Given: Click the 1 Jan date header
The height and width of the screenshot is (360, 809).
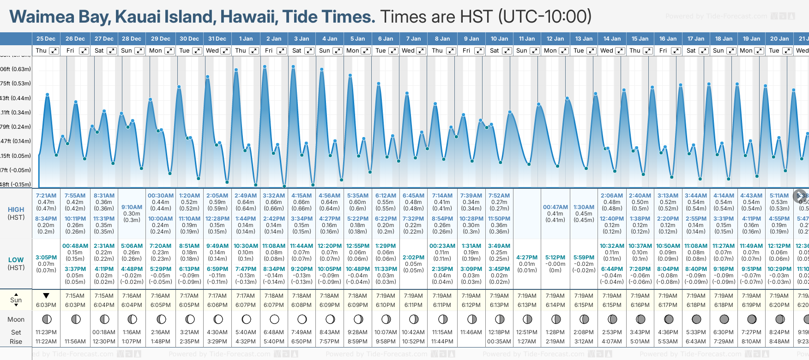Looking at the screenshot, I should pos(246,39).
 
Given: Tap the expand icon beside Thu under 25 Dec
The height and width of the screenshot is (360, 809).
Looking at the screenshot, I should pos(54,51).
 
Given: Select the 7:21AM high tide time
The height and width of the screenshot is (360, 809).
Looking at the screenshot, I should pos(46,196).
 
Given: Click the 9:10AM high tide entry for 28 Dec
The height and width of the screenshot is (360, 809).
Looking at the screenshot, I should pos(132,207).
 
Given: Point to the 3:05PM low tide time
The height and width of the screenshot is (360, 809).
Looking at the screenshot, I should pos(46,258).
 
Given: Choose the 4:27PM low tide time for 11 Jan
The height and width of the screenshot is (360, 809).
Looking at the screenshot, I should pos(527,258).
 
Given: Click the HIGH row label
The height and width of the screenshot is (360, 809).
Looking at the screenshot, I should pos(16,210).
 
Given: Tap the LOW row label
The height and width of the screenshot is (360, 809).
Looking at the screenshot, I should pos(16,260).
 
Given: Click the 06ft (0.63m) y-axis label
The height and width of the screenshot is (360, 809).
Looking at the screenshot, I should pos(16,69).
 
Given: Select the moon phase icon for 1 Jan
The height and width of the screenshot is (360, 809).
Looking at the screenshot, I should pos(246,319).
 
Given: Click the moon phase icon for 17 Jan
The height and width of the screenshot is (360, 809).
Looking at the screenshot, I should pos(696,319).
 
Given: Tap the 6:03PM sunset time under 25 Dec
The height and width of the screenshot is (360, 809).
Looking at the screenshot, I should pos(46,305).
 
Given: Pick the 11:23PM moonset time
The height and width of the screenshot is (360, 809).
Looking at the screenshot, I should pos(46,332).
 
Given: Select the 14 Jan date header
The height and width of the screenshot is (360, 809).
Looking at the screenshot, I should pos(612,39).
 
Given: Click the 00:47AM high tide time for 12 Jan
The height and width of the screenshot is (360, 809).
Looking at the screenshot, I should pos(555,207).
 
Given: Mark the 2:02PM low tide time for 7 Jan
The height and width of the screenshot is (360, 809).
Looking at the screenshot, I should pos(413,258).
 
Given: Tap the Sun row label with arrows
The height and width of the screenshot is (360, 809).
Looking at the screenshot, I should pos(16,300).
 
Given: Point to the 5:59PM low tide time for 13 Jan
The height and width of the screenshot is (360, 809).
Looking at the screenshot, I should pos(584,258).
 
